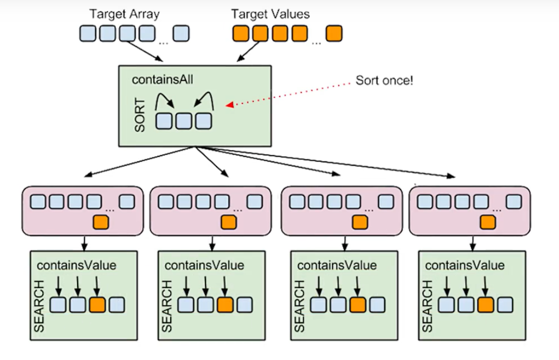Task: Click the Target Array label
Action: [124, 14]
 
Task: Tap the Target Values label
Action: [270, 14]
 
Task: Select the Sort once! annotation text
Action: [384, 81]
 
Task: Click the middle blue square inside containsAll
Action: [183, 121]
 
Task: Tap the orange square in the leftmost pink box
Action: [101, 222]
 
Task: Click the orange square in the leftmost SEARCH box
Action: [97, 305]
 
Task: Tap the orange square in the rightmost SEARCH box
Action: [485, 305]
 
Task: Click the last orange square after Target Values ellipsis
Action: [334, 33]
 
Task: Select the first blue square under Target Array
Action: [87, 33]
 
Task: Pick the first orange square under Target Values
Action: [240, 33]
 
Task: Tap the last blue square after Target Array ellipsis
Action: [181, 33]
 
